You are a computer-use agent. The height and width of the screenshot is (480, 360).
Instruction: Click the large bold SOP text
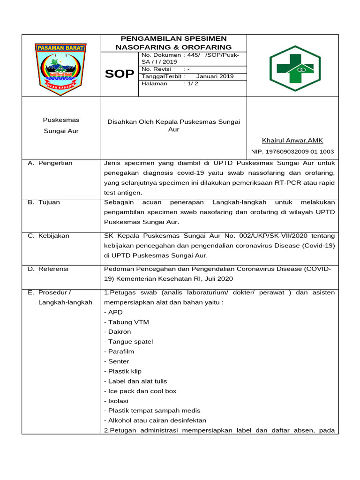tap(119, 74)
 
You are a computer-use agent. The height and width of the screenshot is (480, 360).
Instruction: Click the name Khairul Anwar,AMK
tap(292, 141)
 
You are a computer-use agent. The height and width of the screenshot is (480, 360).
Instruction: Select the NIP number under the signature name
tap(292, 151)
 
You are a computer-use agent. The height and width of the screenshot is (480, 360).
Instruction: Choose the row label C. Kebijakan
tap(48, 236)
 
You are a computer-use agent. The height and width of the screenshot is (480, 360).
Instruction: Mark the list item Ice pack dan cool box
tap(140, 391)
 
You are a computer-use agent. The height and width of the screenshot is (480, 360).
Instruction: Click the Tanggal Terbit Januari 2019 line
tap(187, 76)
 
